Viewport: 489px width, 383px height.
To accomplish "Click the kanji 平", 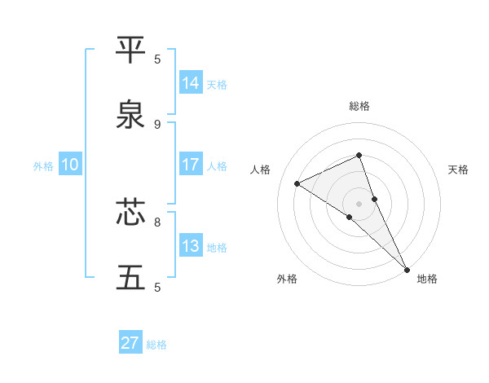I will point(131,50).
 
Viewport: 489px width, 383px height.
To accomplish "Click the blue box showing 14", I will point(191,83).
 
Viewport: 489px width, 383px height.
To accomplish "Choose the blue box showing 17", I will point(191,165).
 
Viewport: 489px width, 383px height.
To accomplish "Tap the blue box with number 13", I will point(191,246).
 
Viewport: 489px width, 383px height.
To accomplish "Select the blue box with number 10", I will point(70,165).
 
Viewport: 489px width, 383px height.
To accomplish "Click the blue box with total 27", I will point(130,343).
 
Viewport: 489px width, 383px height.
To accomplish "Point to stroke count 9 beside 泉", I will point(157,124).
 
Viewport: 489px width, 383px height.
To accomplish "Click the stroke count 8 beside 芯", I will point(157,221).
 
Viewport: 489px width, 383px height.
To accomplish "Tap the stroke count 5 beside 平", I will point(157,59).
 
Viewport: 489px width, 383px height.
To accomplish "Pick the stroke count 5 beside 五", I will point(157,287).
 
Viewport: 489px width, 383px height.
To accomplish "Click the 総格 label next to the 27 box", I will point(156,345).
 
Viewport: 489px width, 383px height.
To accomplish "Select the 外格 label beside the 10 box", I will point(43,166).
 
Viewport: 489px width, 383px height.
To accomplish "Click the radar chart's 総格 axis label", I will point(359,106).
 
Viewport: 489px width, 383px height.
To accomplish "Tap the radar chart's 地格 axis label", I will point(427,279).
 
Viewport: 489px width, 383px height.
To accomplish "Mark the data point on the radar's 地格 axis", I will point(406,268).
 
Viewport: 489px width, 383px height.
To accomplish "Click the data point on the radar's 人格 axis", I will point(297,183).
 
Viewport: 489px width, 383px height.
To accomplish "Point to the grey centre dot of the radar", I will point(359,203).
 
